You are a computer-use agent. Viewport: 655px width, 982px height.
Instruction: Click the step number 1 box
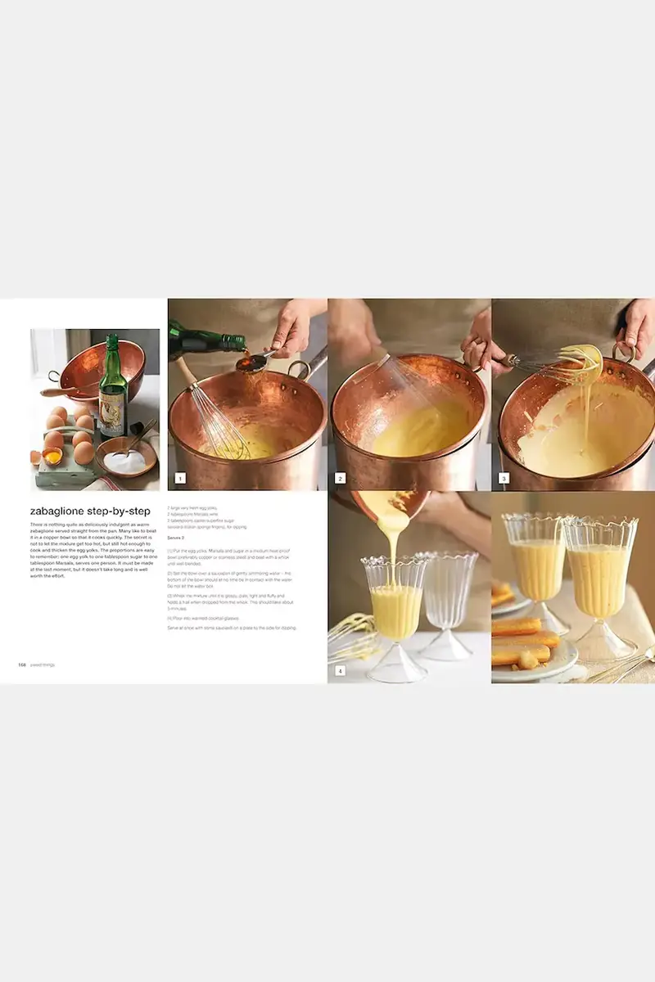(180, 478)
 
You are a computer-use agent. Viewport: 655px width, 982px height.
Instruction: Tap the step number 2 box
(340, 478)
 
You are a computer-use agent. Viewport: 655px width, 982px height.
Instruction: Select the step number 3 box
(504, 478)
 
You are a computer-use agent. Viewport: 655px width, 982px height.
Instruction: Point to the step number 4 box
(340, 671)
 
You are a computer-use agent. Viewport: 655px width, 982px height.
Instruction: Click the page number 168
(22, 664)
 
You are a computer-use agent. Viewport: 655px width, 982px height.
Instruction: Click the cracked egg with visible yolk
(51, 456)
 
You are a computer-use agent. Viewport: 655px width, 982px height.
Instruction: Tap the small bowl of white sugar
(124, 460)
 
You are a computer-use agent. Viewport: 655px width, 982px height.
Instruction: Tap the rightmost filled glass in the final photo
(599, 581)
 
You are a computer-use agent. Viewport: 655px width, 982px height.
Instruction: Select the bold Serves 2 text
(178, 537)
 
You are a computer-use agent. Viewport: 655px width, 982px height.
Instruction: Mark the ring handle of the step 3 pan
(624, 354)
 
